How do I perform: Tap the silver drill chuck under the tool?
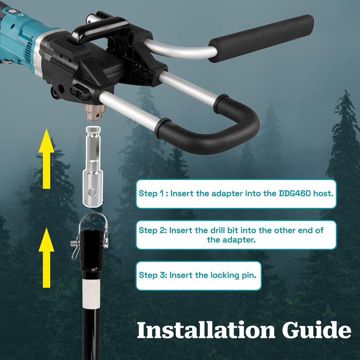(x=94, y=112)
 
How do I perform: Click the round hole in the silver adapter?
(x=93, y=193)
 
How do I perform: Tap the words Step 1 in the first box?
(x=151, y=193)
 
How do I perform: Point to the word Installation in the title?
(x=206, y=330)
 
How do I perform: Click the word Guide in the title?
(x=316, y=330)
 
